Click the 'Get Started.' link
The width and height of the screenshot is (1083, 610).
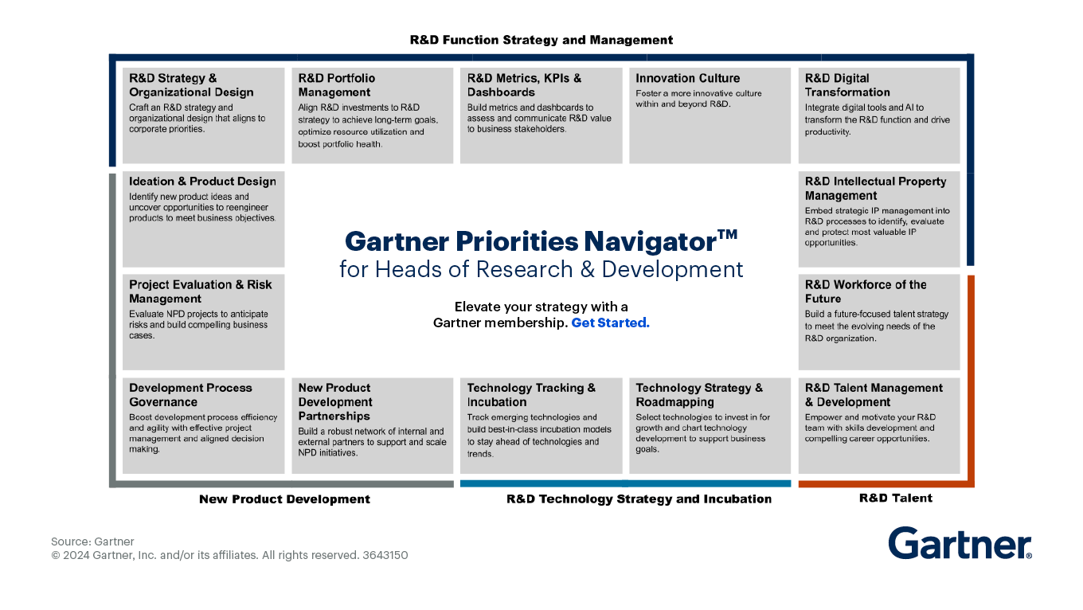click(x=610, y=323)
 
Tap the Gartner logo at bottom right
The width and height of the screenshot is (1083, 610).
click(x=960, y=544)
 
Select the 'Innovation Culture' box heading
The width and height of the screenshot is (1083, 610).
click(x=687, y=78)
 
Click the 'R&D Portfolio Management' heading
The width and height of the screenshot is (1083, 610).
click(x=336, y=85)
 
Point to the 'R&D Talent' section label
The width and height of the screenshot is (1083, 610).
click(x=895, y=499)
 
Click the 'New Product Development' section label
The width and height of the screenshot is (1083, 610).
click(x=284, y=499)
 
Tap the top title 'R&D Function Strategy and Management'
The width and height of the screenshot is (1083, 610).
click(x=541, y=40)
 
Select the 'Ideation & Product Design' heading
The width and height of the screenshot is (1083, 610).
click(x=202, y=182)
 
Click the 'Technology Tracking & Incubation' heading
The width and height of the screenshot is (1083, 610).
click(x=530, y=395)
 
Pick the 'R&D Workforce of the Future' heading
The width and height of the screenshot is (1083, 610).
click(x=865, y=291)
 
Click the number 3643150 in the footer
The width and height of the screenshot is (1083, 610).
click(x=385, y=555)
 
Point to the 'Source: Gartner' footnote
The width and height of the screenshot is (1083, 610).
click(x=92, y=542)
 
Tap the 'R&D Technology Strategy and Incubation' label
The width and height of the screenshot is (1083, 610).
click(x=639, y=499)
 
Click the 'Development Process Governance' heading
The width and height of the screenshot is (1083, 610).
click(x=190, y=395)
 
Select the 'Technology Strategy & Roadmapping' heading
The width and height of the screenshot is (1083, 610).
click(x=698, y=395)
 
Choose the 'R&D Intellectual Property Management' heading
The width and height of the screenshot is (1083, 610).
click(x=874, y=189)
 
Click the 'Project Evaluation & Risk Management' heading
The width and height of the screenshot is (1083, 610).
click(x=200, y=291)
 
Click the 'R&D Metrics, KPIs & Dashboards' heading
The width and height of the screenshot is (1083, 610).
click(x=524, y=85)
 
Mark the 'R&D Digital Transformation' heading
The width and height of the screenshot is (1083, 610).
click(x=846, y=85)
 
